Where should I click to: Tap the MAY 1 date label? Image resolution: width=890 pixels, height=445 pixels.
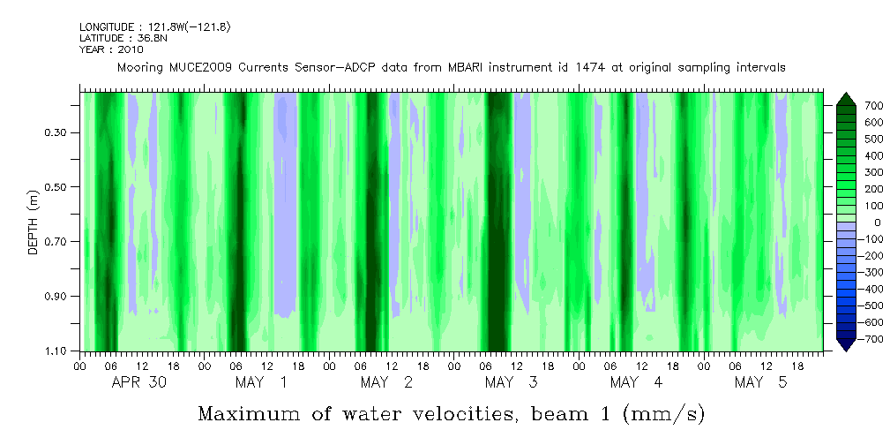pyautogui.click(x=260, y=382)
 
